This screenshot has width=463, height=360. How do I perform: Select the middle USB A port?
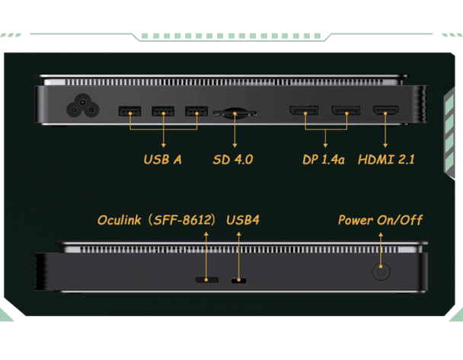(163, 112)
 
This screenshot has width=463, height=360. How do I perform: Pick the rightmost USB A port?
(196, 112)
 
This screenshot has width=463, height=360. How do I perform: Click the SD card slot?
(234, 113)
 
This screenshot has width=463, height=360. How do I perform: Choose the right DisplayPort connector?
(345, 112)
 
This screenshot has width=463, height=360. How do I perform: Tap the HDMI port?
(385, 112)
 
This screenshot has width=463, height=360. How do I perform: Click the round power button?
(380, 272)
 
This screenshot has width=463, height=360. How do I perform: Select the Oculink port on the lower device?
(205, 279)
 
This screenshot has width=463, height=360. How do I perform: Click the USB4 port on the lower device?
(238, 280)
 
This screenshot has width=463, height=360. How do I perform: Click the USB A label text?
(162, 160)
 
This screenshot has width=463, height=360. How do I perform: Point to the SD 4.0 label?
(232, 160)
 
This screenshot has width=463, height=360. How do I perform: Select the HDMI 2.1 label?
(386, 160)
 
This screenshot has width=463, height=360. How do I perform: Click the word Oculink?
(122, 220)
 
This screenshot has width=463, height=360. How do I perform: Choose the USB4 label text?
(243, 220)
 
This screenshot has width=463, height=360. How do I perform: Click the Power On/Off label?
(380, 220)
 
